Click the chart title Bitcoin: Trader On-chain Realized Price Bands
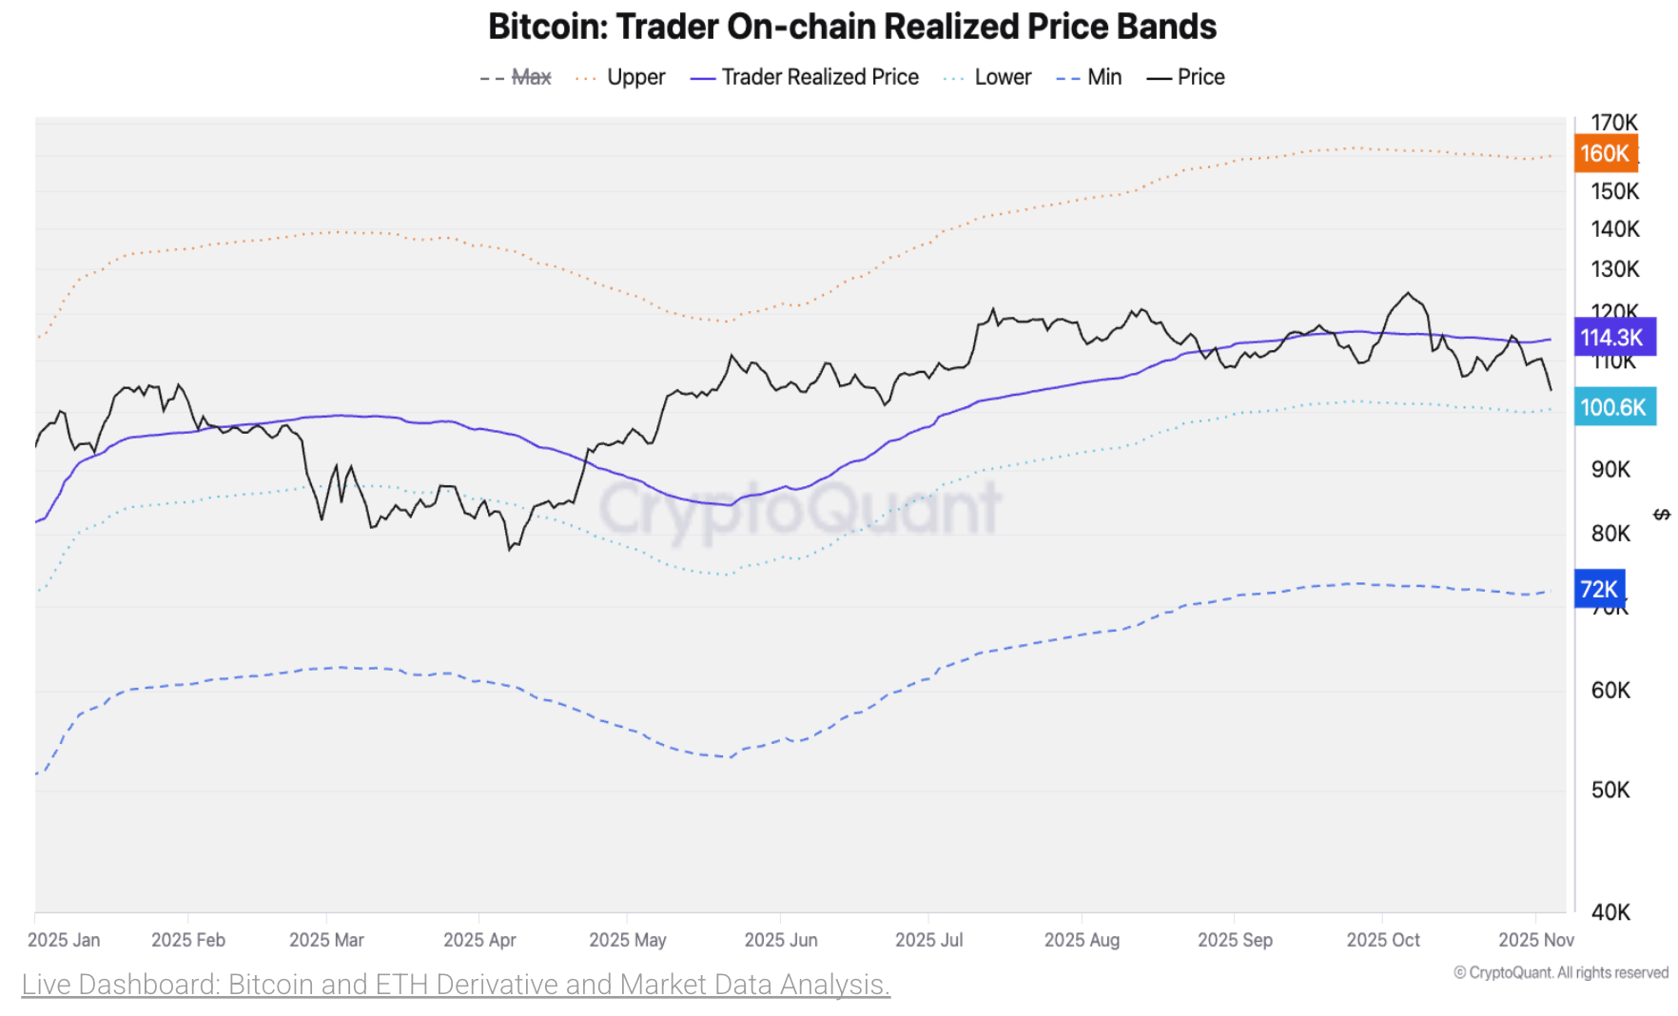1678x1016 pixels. [x=851, y=27]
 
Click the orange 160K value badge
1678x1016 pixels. [x=1605, y=153]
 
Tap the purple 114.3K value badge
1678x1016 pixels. [x=1612, y=338]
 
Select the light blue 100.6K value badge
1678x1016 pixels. [x=1613, y=407]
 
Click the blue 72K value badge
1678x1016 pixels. [x=1599, y=589]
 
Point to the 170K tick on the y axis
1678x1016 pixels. [x=1614, y=123]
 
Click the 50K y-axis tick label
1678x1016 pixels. [x=1610, y=790]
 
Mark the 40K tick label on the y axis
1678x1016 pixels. [x=1610, y=912]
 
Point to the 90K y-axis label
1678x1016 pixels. [x=1610, y=469]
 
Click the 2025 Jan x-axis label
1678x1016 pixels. [x=64, y=940]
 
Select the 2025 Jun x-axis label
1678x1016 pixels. [x=780, y=940]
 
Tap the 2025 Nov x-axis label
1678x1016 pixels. [x=1535, y=940]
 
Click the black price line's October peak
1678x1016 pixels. [x=1408, y=294]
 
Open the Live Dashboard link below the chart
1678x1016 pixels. [x=456, y=984]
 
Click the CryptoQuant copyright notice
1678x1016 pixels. [x=1561, y=972]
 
